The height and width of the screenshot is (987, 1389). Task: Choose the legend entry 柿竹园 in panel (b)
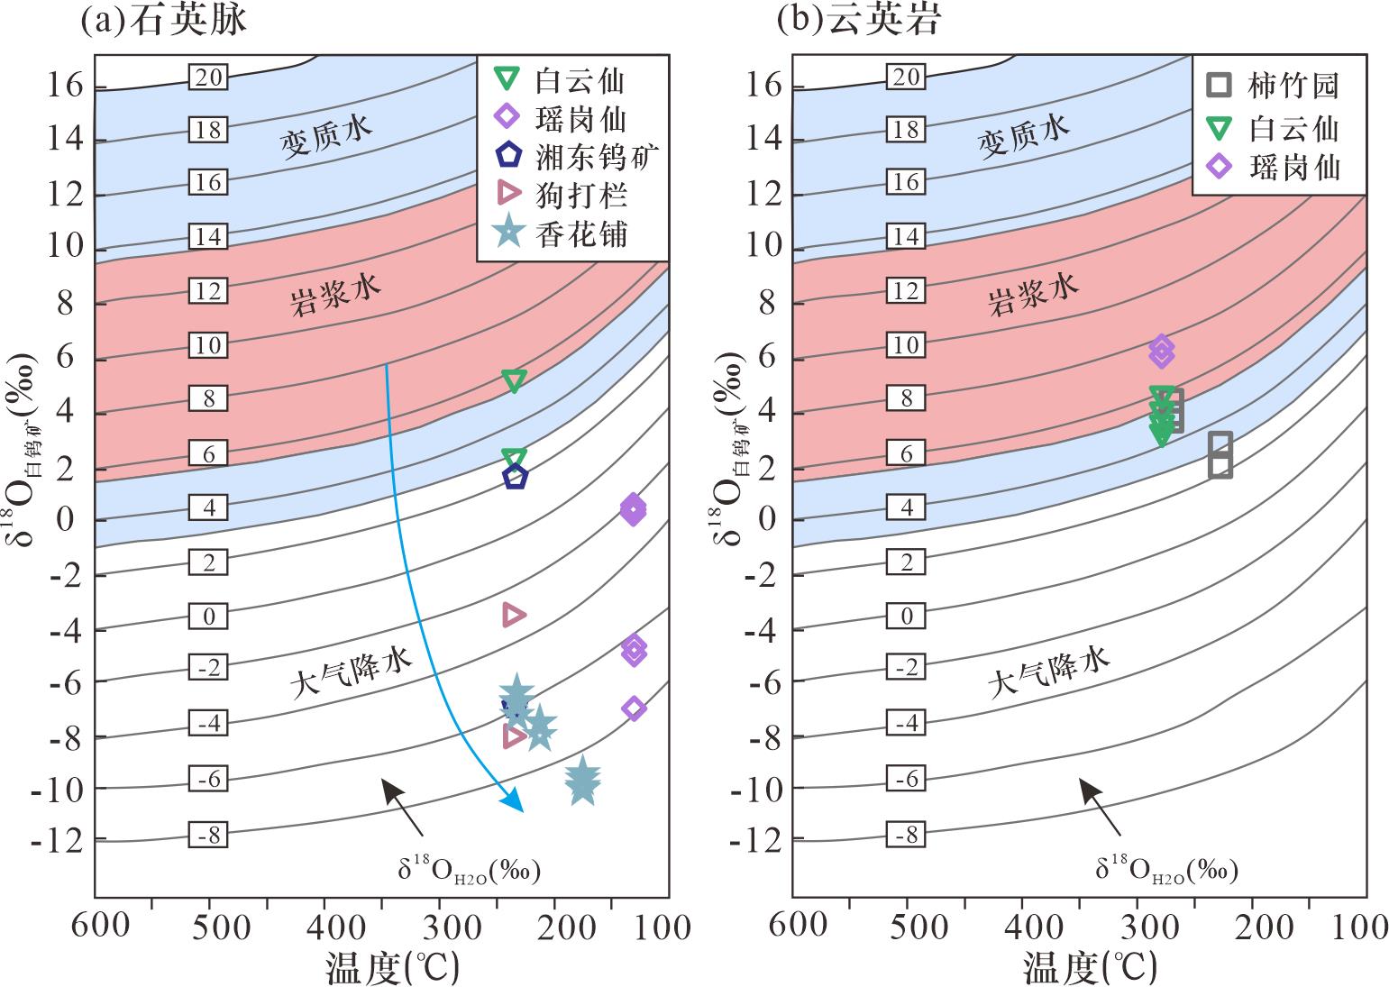click(x=1273, y=86)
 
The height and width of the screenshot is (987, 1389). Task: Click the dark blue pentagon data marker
click(x=515, y=478)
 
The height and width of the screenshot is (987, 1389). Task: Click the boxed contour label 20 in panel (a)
click(x=208, y=78)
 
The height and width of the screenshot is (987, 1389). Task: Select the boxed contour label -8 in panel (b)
click(x=906, y=835)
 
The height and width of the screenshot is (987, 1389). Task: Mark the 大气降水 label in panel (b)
click(x=1049, y=672)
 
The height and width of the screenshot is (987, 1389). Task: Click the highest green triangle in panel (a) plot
click(x=514, y=380)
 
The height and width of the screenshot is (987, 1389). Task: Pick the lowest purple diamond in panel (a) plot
click(x=634, y=708)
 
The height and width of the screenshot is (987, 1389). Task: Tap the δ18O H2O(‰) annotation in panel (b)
click(x=1166, y=869)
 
